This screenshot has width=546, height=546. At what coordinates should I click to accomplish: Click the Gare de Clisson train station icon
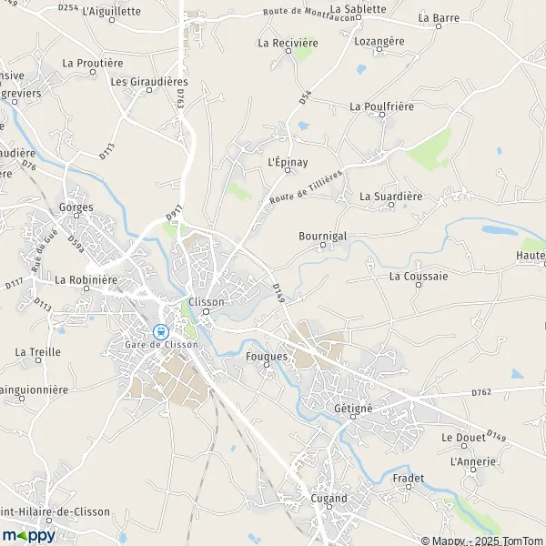click(x=161, y=331)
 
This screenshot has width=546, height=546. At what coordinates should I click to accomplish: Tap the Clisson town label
click(x=205, y=302)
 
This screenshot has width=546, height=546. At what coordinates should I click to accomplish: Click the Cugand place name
click(x=328, y=499)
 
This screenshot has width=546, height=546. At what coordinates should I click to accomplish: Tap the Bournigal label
click(x=321, y=235)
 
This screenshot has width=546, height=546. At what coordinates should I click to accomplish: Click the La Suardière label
click(x=391, y=196)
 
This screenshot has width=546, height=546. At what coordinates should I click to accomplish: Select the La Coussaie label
click(x=419, y=276)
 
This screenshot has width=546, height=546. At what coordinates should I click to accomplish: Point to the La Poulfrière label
click(x=382, y=106)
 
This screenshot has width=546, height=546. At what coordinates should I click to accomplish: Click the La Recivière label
click(x=288, y=43)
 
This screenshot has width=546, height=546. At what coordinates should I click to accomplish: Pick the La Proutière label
click(x=93, y=63)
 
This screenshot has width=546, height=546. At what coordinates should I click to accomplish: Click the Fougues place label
click(x=267, y=357)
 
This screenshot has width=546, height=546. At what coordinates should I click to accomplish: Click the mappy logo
click(x=29, y=535)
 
